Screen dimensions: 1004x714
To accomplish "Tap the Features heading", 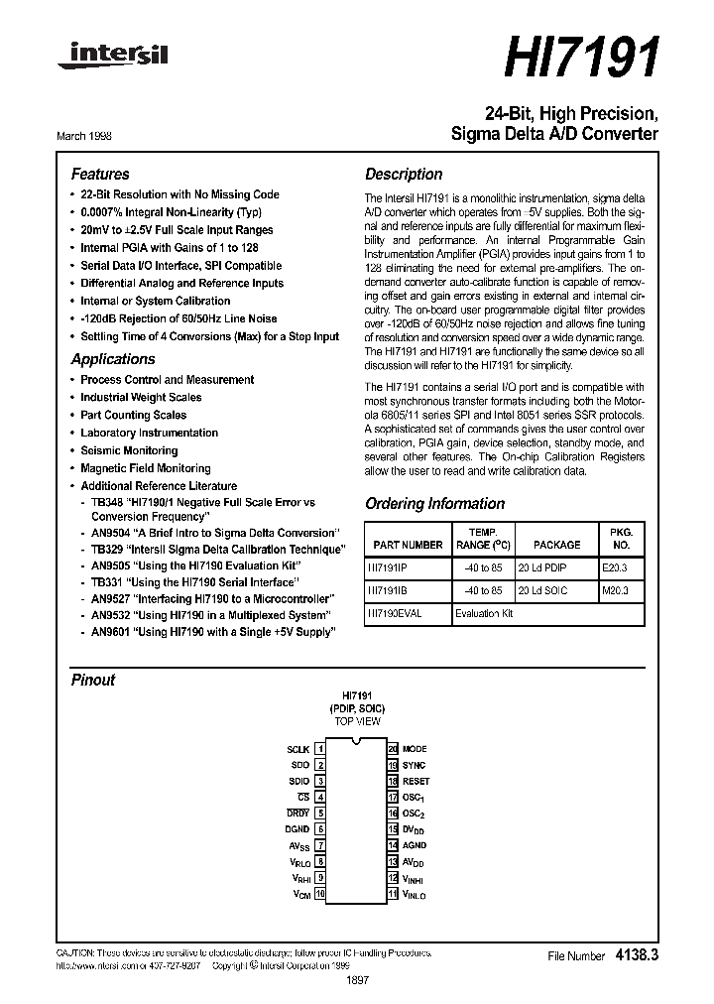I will pyautogui.click(x=100, y=174).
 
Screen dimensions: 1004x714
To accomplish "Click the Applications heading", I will pyautogui.click(x=113, y=359).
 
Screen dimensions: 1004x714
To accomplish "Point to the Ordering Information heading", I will pyautogui.click(x=434, y=503).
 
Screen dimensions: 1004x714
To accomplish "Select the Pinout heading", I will pyautogui.click(x=92, y=680).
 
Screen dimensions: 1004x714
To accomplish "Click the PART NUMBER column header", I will pyautogui.click(x=408, y=545).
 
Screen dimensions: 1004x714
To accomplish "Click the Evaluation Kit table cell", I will pyautogui.click(x=486, y=613).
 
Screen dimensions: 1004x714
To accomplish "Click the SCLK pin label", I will pyautogui.click(x=297, y=749).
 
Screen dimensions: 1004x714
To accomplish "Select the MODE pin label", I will pyautogui.click(x=415, y=749).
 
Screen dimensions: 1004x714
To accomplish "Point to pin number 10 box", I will pyautogui.click(x=320, y=894).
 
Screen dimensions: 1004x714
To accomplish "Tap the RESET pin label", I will pyautogui.click(x=416, y=781).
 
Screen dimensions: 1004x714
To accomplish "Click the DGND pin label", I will pyautogui.click(x=297, y=829).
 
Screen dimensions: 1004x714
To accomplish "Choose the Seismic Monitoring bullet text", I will pyautogui.click(x=129, y=450).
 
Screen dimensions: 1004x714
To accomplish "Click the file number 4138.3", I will pyautogui.click(x=637, y=955).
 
